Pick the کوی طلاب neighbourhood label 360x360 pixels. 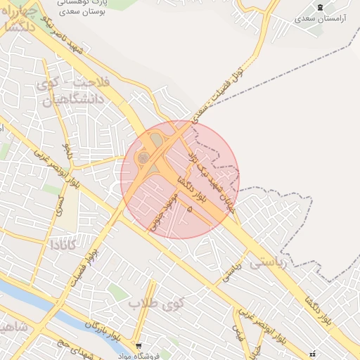(x=155, y=303)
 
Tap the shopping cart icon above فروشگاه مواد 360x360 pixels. (x=139, y=345)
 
